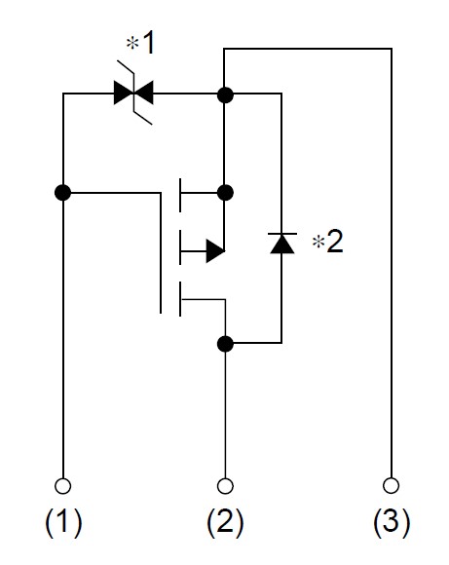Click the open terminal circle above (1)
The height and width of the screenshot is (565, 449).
(62, 486)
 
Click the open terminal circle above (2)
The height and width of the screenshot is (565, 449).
(225, 486)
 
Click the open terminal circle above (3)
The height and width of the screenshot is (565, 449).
(391, 485)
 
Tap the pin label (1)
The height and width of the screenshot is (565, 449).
(63, 522)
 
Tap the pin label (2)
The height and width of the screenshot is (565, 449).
(225, 522)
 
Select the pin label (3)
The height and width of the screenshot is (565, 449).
(392, 522)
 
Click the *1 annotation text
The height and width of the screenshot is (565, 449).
(140, 43)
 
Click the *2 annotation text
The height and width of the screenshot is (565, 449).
(328, 242)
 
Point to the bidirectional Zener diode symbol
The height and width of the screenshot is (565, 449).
(133, 93)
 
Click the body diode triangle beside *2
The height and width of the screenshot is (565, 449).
(281, 245)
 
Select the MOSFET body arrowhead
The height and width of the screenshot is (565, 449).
(215, 250)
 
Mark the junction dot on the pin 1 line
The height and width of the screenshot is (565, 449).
(62, 193)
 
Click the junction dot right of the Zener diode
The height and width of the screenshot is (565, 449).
(225, 94)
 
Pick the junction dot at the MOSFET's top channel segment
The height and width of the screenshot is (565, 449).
(225, 193)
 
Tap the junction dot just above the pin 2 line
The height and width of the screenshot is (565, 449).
(225, 344)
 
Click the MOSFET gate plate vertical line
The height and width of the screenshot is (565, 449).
(161, 253)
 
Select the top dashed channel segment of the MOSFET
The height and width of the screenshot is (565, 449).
(180, 195)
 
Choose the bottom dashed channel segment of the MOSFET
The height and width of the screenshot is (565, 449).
(180, 299)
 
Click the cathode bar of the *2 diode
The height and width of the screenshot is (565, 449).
(282, 234)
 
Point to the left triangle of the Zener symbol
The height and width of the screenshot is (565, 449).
(124, 93)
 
